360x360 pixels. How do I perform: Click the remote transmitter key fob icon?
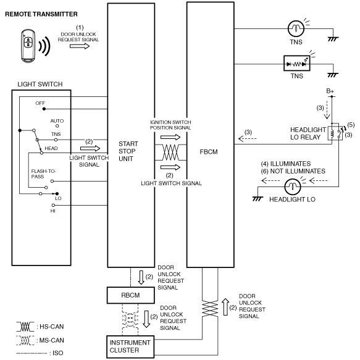tap(28, 46)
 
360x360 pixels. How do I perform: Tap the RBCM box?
tap(131, 295)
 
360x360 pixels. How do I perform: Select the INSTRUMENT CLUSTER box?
tap(130, 346)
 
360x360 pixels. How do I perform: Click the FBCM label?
tap(209, 152)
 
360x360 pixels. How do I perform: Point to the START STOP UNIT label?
tap(128, 151)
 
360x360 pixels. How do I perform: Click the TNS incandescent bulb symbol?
tap(296, 28)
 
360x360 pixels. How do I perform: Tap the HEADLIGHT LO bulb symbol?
tap(293, 187)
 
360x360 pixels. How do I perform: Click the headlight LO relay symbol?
tap(335, 133)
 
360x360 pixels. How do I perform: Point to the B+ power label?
tap(330, 91)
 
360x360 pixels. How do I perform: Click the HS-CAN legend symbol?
tap(25, 327)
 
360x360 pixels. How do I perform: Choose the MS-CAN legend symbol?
tap(25, 340)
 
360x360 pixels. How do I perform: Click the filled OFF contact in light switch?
tap(44, 109)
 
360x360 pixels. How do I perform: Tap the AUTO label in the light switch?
tap(57, 121)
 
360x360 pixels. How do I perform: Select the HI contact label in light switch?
tap(53, 211)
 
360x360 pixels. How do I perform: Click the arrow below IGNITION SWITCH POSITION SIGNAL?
tap(170, 137)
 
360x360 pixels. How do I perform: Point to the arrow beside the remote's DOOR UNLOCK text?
tap(80, 46)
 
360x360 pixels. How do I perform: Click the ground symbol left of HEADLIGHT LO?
tap(257, 199)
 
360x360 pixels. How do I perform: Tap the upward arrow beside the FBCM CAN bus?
tap(225, 307)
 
